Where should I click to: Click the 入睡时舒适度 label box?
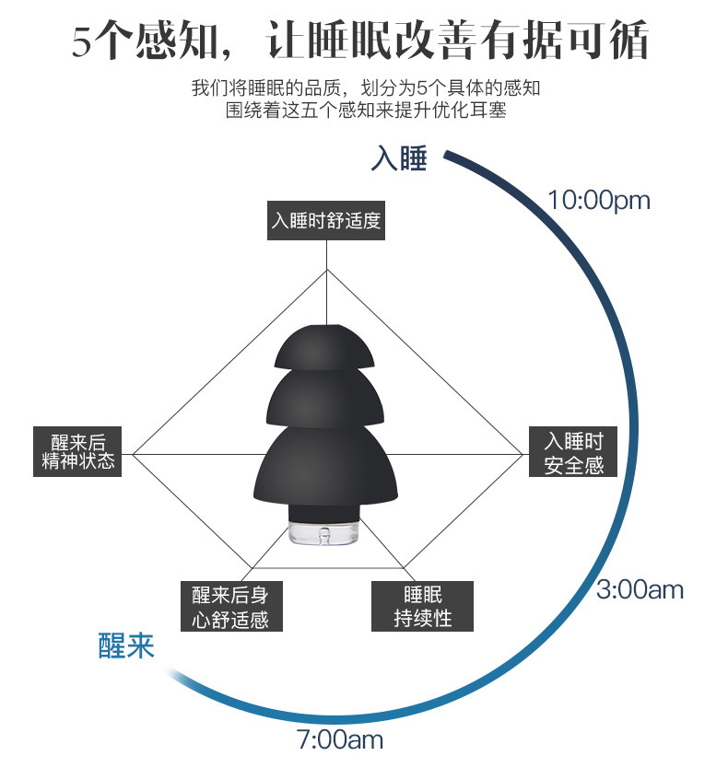click(325, 221)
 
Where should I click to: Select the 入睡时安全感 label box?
click(573, 452)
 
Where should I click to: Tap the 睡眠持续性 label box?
click(423, 606)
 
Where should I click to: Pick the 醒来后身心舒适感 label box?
click(230, 606)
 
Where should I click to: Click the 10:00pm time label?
click(598, 200)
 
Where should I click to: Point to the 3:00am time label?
click(640, 589)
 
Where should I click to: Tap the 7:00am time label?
click(339, 738)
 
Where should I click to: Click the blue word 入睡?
click(399, 158)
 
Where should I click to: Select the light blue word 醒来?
click(126, 645)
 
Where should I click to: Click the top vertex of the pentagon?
click(326, 270)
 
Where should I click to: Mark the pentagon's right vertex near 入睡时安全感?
click(523, 453)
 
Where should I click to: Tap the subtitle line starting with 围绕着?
click(367, 110)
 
